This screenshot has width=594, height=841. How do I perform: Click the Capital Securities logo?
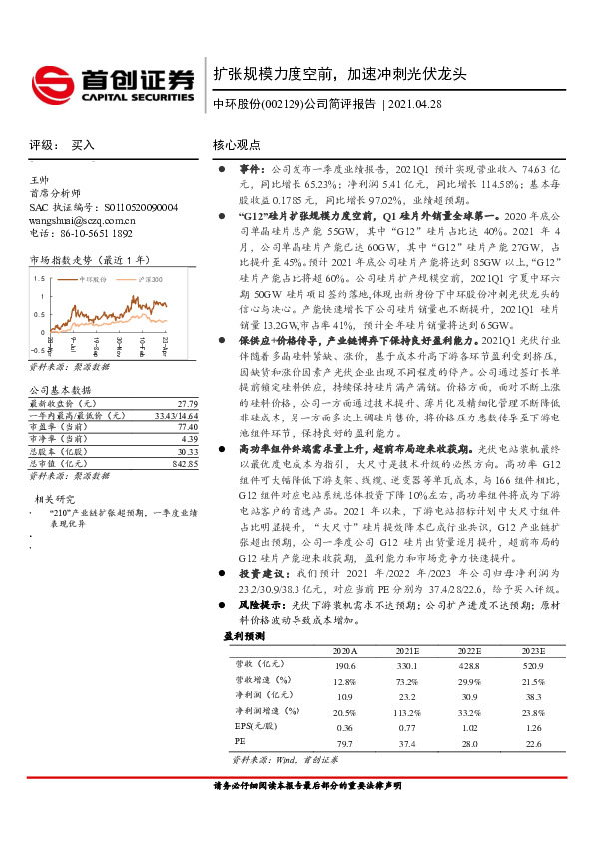click(x=112, y=81)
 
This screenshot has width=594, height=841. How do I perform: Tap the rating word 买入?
click(x=83, y=145)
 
